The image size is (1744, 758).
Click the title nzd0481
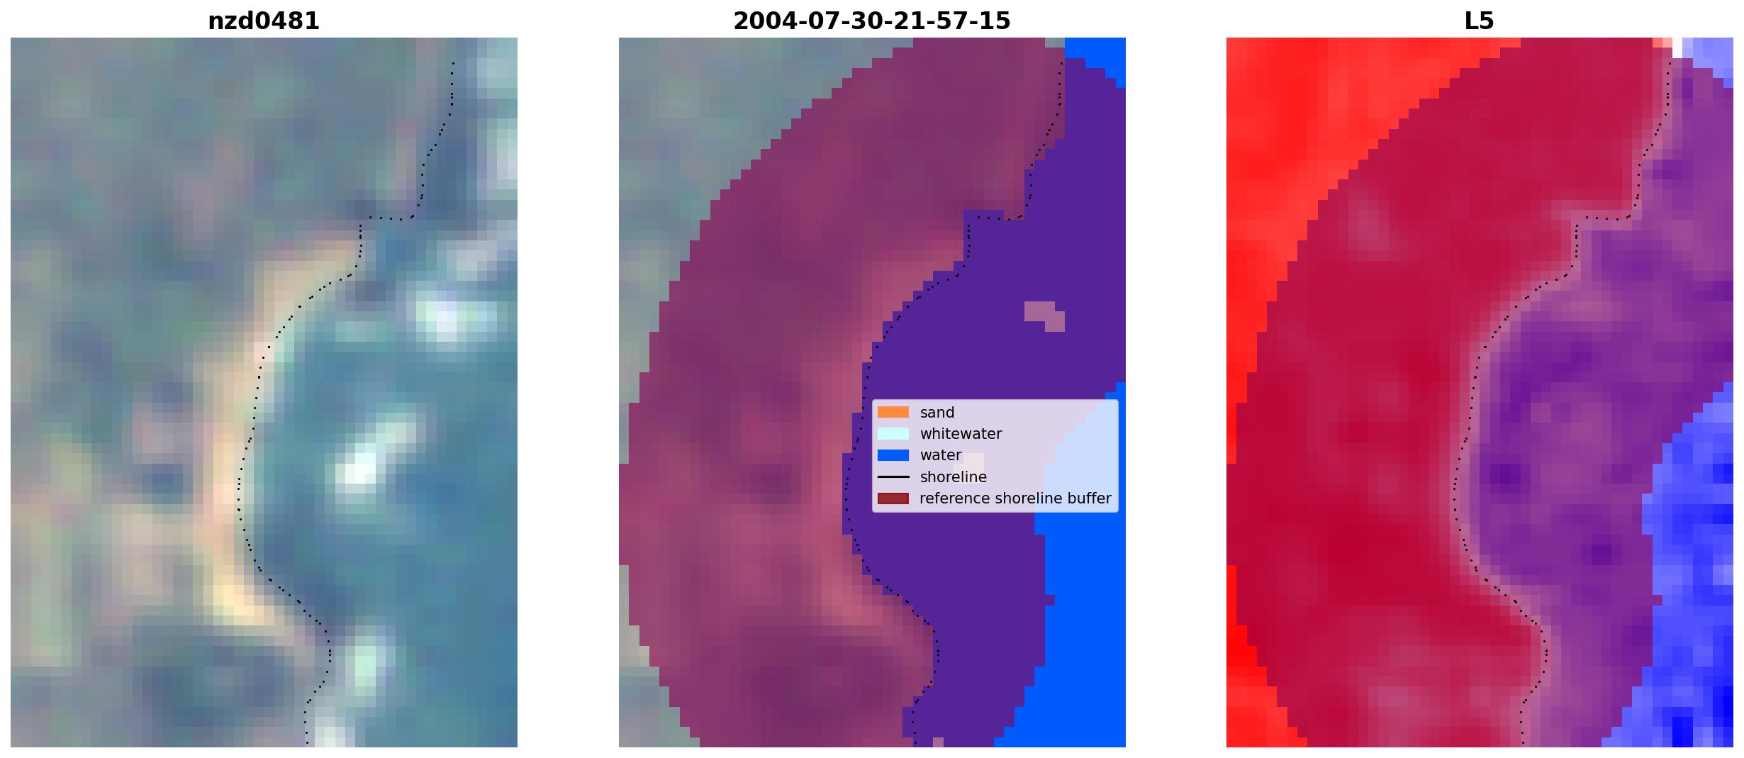tap(264, 21)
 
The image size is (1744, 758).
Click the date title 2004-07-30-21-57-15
tap(871, 21)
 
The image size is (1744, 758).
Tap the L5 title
tap(1479, 21)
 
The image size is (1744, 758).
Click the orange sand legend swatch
tap(893, 412)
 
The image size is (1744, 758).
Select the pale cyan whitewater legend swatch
tap(893, 433)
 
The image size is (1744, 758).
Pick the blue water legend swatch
tap(893, 455)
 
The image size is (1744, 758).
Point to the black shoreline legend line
tap(893, 477)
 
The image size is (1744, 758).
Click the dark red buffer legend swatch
tap(893, 498)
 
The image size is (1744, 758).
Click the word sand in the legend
tap(937, 413)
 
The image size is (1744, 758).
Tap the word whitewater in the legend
tap(961, 434)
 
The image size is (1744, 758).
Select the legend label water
tap(941, 455)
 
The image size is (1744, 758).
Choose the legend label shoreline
tap(954, 477)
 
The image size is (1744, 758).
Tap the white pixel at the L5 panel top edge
tap(1677, 48)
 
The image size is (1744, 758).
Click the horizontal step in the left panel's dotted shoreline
tap(386, 218)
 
